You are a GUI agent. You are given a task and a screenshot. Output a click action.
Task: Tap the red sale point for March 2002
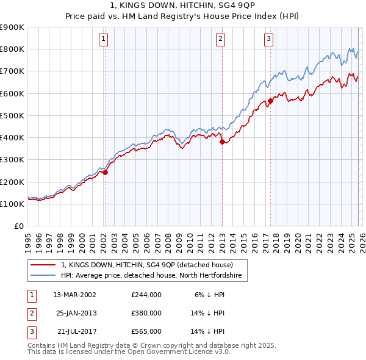coord(105,172)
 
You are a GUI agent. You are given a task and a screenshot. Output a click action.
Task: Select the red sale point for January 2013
coord(221,142)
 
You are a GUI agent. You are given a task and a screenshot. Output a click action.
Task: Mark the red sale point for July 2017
coord(270,101)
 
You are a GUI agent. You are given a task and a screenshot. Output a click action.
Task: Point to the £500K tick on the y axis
coord(12,115)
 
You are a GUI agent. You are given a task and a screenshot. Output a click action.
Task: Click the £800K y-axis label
coord(12,49)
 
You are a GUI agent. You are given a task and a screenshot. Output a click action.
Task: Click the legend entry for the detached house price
coord(147,265)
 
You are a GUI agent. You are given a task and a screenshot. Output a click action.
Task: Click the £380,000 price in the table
coord(146,313)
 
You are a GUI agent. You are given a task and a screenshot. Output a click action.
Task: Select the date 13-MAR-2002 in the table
coord(75,294)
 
